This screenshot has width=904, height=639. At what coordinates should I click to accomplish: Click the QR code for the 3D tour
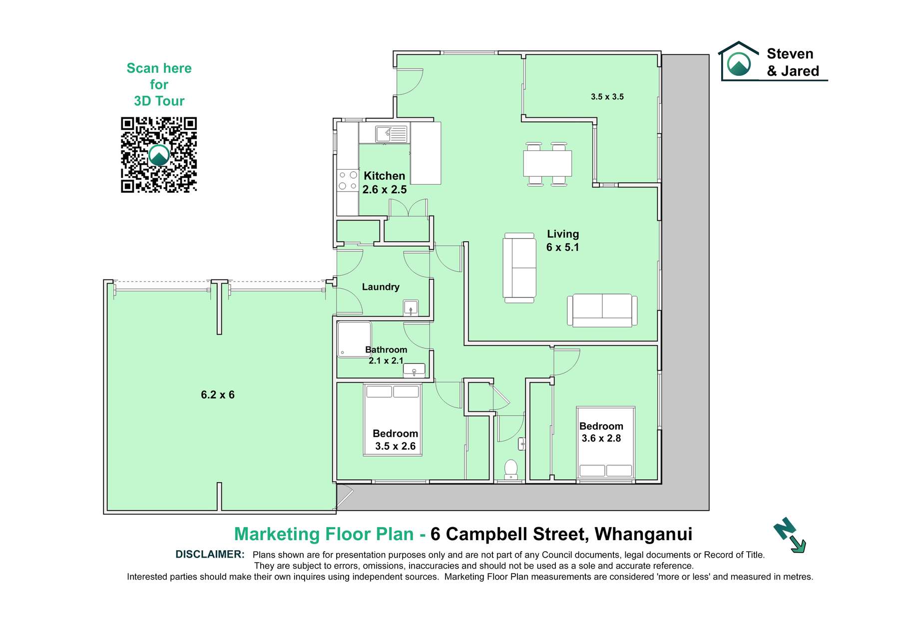tap(159, 155)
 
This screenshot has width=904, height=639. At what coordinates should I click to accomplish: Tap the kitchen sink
tap(392, 134)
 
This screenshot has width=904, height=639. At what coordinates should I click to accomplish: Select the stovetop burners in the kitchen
tap(348, 181)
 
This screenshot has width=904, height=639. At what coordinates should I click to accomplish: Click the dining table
tap(547, 163)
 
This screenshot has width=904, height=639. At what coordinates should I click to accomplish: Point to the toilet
tap(510, 469)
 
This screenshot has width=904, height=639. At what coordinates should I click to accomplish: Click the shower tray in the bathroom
tap(354, 339)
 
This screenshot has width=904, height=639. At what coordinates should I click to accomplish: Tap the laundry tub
tap(411, 308)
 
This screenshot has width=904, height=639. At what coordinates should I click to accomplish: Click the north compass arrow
tap(790, 535)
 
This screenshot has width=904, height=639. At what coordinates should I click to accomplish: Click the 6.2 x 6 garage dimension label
tap(218, 395)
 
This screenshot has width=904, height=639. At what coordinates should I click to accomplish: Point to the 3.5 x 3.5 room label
tap(607, 97)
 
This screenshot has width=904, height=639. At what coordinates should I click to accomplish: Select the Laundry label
tap(381, 287)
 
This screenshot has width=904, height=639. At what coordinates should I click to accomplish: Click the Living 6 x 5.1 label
tap(563, 241)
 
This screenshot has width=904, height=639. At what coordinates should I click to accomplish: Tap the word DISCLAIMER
tap(210, 554)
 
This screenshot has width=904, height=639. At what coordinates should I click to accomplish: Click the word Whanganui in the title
tap(643, 534)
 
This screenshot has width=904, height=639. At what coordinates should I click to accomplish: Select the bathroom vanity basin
tap(414, 370)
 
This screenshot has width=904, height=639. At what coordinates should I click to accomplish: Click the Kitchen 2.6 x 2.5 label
tap(385, 183)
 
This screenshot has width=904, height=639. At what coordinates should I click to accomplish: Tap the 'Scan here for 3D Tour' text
tap(159, 84)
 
